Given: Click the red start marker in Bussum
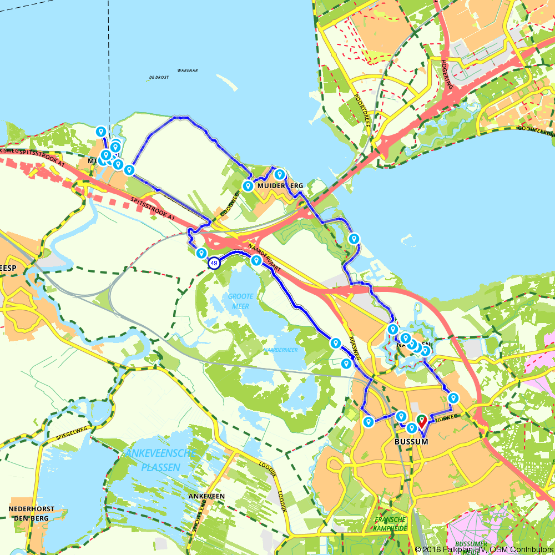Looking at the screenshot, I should [422, 420].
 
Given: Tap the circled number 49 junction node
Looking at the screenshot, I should [214, 264].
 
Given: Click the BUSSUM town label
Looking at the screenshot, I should [411, 441].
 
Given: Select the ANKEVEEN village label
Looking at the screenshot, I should [206, 496].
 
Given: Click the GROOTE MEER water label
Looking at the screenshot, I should [240, 300].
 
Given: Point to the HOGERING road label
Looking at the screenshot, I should [445, 74].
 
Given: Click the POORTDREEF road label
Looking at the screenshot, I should [361, 111].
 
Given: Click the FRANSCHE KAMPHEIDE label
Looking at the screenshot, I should [391, 523].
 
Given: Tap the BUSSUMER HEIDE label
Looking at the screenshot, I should [470, 546].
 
